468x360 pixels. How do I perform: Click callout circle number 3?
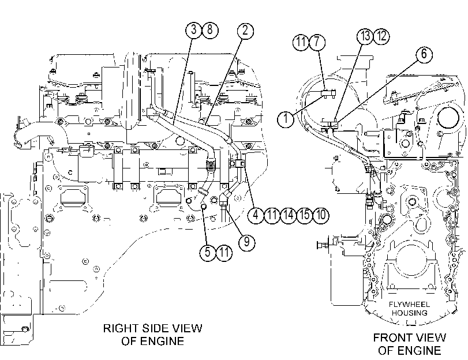point(194,30)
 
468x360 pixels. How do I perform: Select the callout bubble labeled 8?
point(210,30)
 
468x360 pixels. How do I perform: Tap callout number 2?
point(245,31)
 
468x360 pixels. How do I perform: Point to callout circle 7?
point(317,42)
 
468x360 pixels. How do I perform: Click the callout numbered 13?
point(365,36)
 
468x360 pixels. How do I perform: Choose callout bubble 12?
point(381,36)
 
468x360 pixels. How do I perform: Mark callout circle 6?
point(424,54)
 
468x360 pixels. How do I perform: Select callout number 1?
point(286,119)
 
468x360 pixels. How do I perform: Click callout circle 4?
point(256,215)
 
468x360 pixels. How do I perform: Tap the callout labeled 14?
point(289,215)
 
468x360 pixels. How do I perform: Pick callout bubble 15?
point(305,215)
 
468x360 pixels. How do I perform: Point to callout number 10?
point(321,215)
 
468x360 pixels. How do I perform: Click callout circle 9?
point(247,242)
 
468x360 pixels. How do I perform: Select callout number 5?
point(208,253)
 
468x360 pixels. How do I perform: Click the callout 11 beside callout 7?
point(301,42)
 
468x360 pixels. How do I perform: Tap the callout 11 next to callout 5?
point(224,253)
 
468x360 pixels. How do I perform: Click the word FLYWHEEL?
point(409,305)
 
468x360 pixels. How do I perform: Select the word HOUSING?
point(410,313)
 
